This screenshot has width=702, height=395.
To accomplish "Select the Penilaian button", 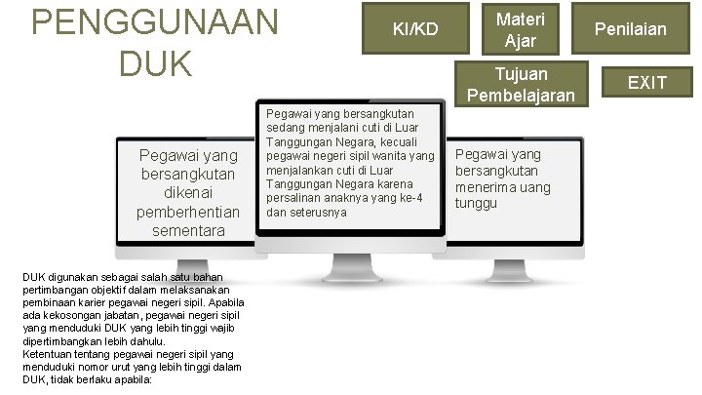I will click(x=634, y=29).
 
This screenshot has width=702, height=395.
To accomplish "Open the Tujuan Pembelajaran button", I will click(x=521, y=84).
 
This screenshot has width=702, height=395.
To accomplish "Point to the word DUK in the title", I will click(x=155, y=64).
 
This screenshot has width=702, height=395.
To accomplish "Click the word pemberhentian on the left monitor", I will click(x=190, y=212).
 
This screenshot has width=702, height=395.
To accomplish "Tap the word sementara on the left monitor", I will click(x=189, y=231).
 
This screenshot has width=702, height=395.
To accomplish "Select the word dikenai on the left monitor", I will click(x=190, y=192).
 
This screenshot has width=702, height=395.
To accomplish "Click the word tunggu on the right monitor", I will click(x=477, y=203).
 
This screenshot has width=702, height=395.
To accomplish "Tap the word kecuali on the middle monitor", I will click(x=412, y=141).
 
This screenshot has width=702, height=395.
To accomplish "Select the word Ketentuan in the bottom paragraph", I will click(x=50, y=354).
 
